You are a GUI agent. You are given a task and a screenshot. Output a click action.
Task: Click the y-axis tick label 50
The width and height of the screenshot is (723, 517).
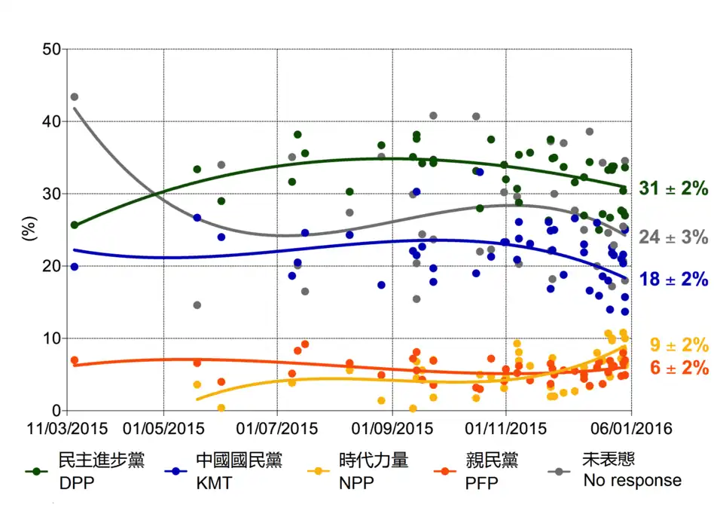tap(50, 50)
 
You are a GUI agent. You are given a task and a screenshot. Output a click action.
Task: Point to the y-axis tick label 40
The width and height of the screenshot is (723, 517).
tap(50, 122)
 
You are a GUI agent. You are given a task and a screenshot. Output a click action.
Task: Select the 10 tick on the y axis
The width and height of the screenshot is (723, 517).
tap(50, 339)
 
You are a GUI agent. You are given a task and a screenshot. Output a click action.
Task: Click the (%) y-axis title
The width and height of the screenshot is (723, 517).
tap(28, 231)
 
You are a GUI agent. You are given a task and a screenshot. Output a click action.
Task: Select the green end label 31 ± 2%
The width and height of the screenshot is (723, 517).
tap(674, 189)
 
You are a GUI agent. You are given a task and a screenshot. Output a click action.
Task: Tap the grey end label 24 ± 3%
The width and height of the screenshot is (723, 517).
tap(674, 237)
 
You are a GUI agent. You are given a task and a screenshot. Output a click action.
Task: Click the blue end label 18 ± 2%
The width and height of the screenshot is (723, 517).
tap(674, 280)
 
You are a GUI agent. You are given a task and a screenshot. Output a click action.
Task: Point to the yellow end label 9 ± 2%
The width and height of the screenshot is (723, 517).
tap(678, 346)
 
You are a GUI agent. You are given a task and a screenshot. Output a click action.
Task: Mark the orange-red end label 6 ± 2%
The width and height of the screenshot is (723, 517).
tap(678, 368)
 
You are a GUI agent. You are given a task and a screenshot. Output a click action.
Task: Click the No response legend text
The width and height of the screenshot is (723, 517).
tap(632, 480)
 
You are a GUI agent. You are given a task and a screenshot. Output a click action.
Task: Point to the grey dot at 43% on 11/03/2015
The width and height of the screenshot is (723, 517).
tap(74, 97)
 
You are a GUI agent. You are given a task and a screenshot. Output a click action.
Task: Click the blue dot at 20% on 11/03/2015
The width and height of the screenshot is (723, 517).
tap(74, 267)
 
